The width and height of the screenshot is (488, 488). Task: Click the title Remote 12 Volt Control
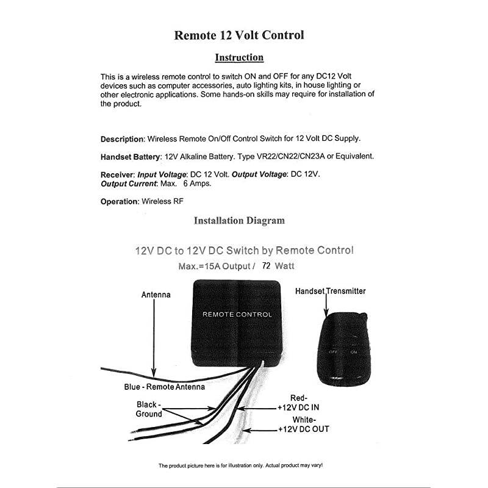[x=239, y=35]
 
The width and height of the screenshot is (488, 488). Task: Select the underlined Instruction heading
[x=239, y=58]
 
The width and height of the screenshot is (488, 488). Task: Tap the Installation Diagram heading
[x=239, y=220]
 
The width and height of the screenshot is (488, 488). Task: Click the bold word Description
[x=122, y=139]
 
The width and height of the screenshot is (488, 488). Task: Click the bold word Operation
[x=120, y=201]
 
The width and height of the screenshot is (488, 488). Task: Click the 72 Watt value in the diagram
[x=278, y=266]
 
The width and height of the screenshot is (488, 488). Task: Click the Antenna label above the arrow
[x=156, y=295]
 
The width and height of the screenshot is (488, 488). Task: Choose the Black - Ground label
[x=148, y=409]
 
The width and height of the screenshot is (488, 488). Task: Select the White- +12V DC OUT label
[x=303, y=425]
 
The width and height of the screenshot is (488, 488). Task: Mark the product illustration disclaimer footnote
[x=240, y=465]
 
